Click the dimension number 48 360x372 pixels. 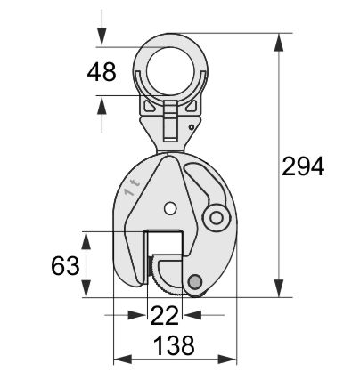tap(102, 72)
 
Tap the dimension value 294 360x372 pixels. tap(303, 166)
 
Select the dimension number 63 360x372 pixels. tap(65, 266)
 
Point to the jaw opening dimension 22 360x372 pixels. tap(165, 315)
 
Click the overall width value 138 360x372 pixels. tap(175, 345)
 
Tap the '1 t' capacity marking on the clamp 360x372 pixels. tap(133, 188)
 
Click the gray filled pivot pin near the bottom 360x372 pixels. tap(195, 281)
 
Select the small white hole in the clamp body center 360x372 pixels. tap(169, 208)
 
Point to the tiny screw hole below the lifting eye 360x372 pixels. tap(192, 127)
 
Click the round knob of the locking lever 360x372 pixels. tap(217, 218)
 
